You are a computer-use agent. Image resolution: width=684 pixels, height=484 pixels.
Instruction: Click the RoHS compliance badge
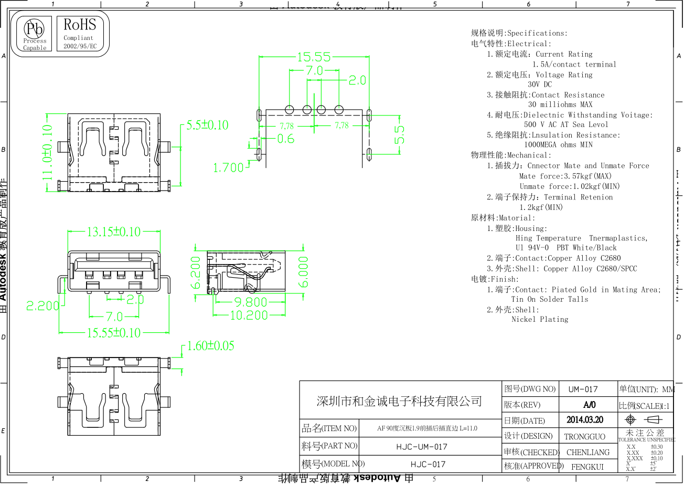[x=80, y=34]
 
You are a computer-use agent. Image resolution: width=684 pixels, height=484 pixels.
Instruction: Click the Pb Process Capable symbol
[x=35, y=34]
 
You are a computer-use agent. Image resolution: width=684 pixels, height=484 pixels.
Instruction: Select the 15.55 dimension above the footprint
[x=314, y=57]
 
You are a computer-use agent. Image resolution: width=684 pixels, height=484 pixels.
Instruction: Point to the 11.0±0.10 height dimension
[x=48, y=152]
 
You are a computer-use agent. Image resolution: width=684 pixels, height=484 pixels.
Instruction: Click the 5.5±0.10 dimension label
[x=208, y=125]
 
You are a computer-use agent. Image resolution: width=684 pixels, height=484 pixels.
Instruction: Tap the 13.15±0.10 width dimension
[x=114, y=232]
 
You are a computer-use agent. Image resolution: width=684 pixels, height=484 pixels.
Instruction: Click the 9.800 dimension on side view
[x=251, y=302]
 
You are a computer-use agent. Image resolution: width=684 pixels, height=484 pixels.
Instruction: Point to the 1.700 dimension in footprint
[x=228, y=168]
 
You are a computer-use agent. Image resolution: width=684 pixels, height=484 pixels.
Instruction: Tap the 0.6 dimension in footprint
[x=285, y=139]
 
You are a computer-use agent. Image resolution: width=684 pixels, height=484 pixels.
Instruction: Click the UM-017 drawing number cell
[x=583, y=390]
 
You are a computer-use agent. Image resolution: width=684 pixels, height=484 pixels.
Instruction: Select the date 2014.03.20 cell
[x=585, y=420]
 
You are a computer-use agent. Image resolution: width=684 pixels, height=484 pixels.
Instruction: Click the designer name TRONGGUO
[x=584, y=437]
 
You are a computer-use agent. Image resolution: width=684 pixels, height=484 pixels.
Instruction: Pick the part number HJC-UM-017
[x=422, y=447]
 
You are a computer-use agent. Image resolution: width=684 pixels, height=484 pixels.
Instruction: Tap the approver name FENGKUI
[x=587, y=467]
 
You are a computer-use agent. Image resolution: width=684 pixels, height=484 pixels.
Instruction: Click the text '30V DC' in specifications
[x=540, y=85]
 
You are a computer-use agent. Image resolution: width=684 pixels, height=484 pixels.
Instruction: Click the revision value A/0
[x=589, y=405]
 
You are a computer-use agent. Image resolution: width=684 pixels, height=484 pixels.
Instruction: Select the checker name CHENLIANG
[x=588, y=452]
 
